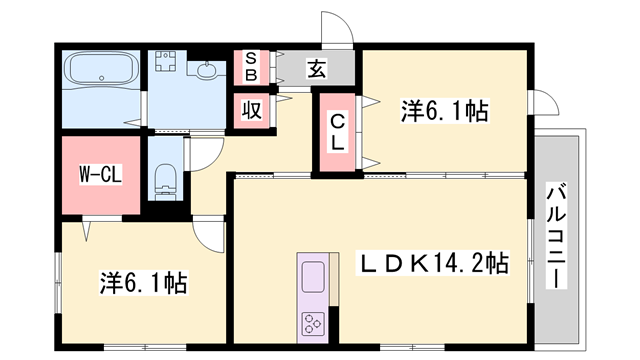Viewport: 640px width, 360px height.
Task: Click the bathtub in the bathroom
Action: [x=100, y=73]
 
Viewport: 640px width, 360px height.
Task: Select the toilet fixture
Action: [x=166, y=183]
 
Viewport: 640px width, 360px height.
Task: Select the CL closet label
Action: [x=338, y=131]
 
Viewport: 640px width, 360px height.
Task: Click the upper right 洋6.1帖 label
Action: [x=444, y=110]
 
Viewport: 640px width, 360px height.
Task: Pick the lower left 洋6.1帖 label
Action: [x=142, y=283]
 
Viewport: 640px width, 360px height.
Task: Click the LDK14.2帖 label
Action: [x=433, y=264]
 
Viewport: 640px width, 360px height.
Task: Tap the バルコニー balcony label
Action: [x=555, y=237]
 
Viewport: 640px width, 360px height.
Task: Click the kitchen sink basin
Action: [x=312, y=277]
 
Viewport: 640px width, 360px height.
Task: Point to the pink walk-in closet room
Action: [x=100, y=180]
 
